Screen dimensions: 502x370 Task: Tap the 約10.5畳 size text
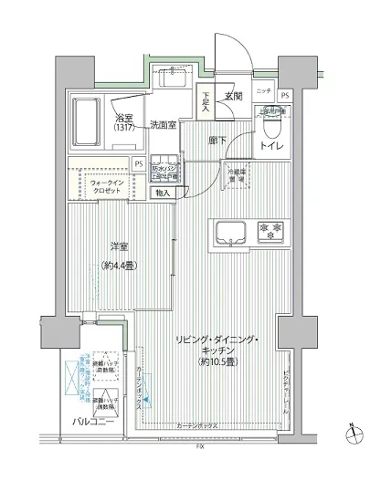(x=217, y=360)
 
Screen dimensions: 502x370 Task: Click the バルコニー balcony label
(x=92, y=422)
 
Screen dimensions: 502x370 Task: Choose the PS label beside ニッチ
(x=285, y=95)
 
